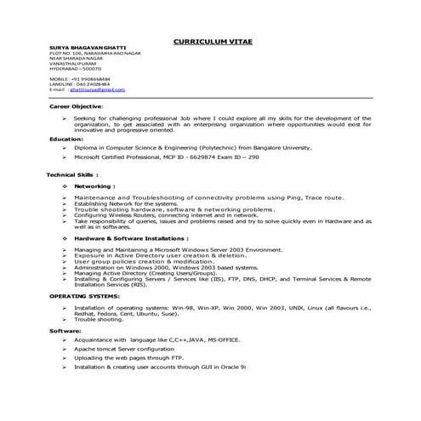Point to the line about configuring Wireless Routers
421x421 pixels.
point(166,215)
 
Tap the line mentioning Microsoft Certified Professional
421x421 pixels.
point(179,157)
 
